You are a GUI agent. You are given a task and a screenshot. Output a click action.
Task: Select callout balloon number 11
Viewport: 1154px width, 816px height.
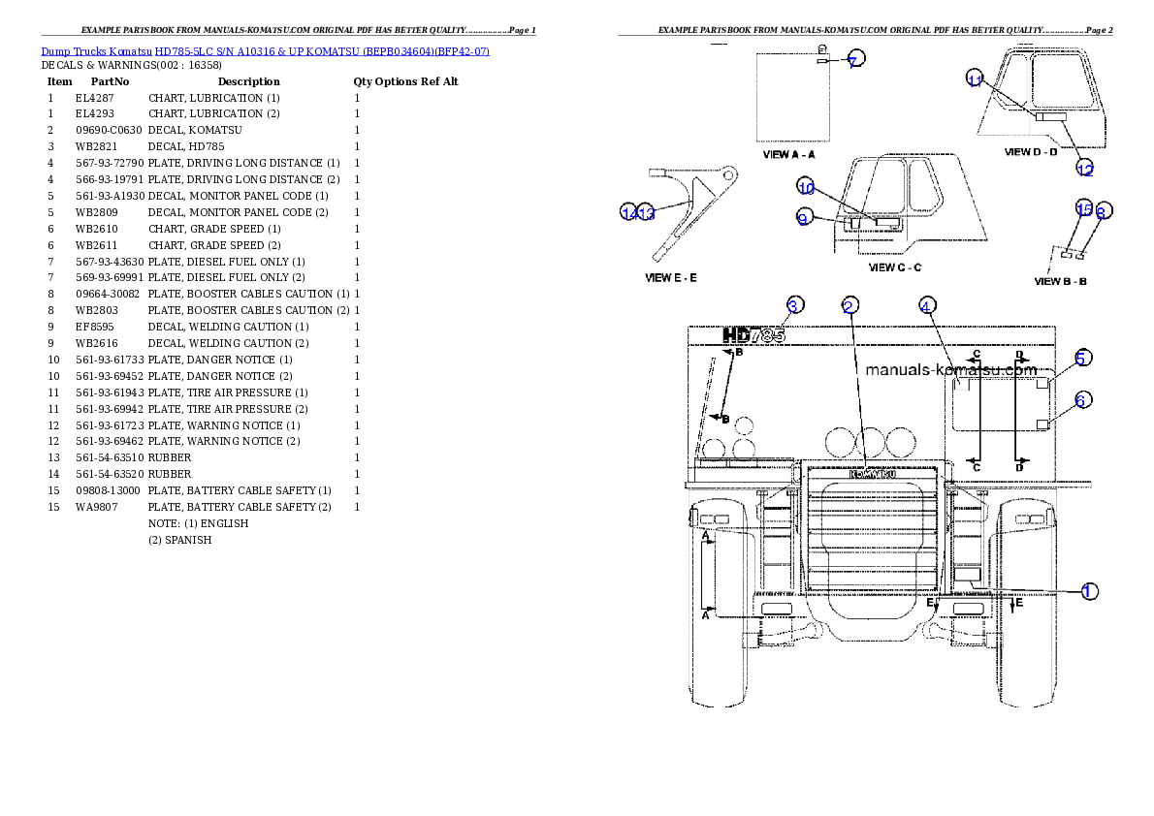click(x=976, y=80)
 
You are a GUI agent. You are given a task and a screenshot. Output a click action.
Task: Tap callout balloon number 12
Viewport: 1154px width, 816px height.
click(x=1085, y=170)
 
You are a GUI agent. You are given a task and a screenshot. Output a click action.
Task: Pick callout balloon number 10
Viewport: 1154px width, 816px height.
click(x=806, y=187)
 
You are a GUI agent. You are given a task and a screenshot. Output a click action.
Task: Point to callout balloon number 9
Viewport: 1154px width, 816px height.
click(x=803, y=219)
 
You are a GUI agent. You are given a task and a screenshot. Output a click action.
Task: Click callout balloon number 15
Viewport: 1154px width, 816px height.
click(x=1084, y=208)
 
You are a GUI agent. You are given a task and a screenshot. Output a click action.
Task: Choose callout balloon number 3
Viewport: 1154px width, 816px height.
click(x=794, y=306)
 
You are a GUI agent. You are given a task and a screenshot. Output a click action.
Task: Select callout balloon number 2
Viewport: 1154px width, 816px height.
click(x=849, y=306)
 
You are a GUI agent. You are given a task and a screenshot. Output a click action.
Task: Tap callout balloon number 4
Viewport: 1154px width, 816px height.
click(x=926, y=306)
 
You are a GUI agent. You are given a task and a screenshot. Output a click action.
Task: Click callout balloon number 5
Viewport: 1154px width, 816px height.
click(x=1083, y=358)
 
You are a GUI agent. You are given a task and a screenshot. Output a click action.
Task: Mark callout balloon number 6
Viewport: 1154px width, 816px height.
click(x=1083, y=399)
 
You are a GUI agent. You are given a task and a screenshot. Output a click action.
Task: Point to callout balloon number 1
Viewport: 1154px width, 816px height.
click(x=1089, y=590)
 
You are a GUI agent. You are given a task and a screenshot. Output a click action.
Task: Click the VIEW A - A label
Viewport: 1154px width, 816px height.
click(x=789, y=154)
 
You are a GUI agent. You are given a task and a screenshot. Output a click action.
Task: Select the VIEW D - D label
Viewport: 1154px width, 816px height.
click(x=1031, y=152)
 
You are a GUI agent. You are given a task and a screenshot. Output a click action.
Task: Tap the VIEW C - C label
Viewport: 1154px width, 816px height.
click(x=895, y=267)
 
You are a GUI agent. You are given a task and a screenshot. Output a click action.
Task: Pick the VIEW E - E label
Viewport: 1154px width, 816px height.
click(x=671, y=277)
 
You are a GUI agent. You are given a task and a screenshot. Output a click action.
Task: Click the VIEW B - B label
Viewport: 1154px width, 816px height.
click(x=1061, y=282)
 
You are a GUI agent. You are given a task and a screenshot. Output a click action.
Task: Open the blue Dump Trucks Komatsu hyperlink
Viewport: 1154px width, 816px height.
click(x=265, y=50)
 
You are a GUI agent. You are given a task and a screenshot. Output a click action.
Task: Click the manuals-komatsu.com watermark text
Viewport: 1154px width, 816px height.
click(x=950, y=369)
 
